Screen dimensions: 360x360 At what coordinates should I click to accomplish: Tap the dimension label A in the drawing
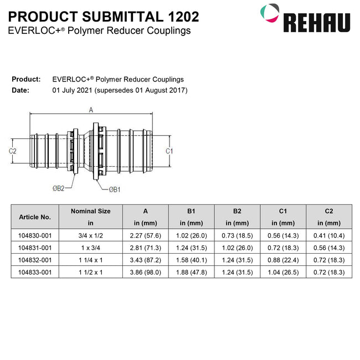pos(91,110)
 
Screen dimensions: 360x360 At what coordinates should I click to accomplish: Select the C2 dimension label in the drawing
pos(12,151)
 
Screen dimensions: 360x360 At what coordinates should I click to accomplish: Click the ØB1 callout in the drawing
pos(115,189)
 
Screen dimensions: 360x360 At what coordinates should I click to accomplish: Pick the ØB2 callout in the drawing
pos(59,188)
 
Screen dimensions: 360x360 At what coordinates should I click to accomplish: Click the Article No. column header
pos(35,217)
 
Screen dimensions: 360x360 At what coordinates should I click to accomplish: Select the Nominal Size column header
pos(90,211)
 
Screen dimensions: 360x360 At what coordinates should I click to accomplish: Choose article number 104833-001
pos(35,272)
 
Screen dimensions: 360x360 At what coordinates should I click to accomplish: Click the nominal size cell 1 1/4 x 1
pos(90,260)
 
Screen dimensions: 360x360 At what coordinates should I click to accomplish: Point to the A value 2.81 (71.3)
pos(145,248)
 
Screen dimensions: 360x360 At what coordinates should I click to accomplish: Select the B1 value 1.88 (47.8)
pos(191,272)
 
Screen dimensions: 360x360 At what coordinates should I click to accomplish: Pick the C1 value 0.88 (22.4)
pos(283,260)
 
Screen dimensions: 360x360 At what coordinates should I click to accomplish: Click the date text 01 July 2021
pos(73,90)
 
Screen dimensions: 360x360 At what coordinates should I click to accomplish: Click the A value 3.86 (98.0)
pos(145,272)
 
